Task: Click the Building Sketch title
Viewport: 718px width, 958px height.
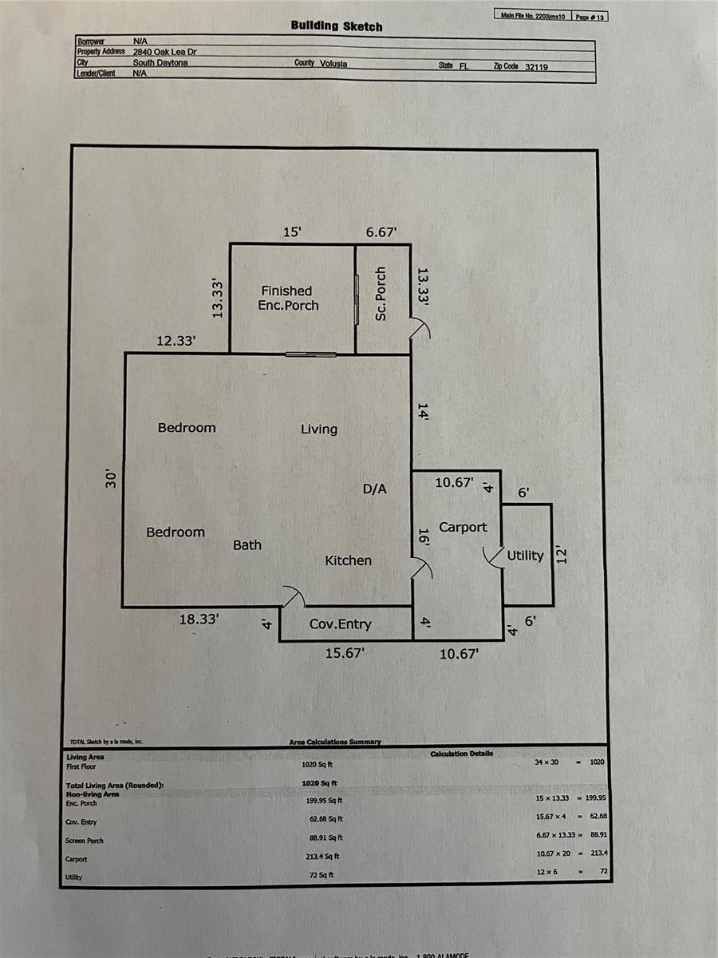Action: click(337, 26)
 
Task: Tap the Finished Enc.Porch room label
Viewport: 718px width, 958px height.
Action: click(287, 299)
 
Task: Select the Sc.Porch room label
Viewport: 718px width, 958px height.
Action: click(381, 295)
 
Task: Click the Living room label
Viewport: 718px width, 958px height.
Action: click(319, 430)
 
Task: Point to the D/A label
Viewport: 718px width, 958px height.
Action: click(375, 489)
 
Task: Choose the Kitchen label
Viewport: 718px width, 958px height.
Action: click(348, 560)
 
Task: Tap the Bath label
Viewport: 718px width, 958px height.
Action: click(247, 545)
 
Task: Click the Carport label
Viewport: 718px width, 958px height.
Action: click(463, 527)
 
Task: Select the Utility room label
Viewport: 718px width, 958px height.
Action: click(525, 556)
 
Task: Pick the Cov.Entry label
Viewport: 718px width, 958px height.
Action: click(341, 624)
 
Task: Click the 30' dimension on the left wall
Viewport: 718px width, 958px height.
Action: click(112, 479)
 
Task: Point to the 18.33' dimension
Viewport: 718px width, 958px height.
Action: click(199, 619)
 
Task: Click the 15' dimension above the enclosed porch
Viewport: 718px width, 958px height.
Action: click(293, 232)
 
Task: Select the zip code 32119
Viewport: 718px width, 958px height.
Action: click(537, 67)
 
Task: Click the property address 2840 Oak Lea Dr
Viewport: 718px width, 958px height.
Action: click(165, 51)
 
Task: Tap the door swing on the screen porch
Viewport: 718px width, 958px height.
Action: click(420, 327)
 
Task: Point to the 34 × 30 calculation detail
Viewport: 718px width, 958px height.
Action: click(546, 762)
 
